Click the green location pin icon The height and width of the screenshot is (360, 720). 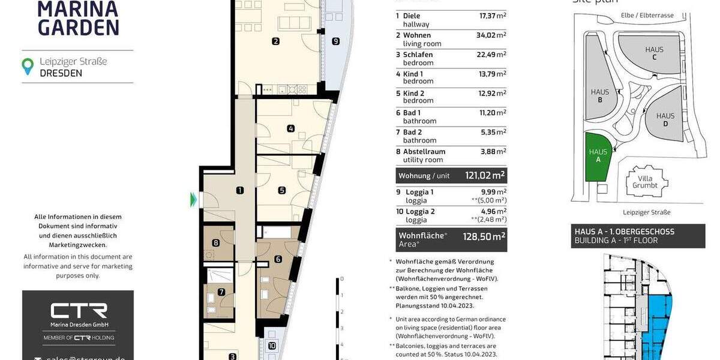click(27, 67)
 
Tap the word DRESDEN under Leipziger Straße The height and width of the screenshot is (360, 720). click(61, 73)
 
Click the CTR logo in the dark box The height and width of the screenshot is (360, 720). click(78, 311)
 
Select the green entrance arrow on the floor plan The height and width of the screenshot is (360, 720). click(193, 199)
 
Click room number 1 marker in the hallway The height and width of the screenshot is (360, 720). click(239, 191)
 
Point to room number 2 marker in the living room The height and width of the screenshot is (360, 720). click(275, 41)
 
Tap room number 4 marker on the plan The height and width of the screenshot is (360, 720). click(290, 128)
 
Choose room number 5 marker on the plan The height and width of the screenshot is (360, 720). click(281, 191)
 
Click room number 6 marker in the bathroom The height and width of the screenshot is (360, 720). click(278, 259)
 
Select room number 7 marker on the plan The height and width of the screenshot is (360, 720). click(221, 292)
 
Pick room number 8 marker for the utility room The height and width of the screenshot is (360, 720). click(215, 243)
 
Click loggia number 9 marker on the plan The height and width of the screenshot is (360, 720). click(335, 41)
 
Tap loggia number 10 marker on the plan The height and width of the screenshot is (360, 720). click(272, 346)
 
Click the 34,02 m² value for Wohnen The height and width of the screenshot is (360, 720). click(490, 35)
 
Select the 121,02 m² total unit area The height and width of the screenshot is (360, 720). click(485, 175)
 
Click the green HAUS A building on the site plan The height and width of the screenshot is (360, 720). click(597, 157)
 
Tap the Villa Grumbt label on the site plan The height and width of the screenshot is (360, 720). click(645, 182)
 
